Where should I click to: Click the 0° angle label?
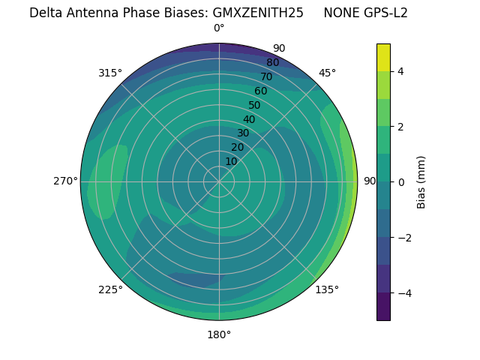coord(219,28)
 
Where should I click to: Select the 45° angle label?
coord(327,73)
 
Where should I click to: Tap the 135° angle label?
coord(327,289)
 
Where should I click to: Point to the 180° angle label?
coord(219,334)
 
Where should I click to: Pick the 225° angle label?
coord(110,289)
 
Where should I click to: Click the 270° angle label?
coord(66,181)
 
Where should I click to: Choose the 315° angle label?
coord(110,73)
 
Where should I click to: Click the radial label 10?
coord(231,162)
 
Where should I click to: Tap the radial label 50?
coord(254,106)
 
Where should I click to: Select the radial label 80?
coord(272,62)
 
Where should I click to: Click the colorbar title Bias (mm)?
coord(421,182)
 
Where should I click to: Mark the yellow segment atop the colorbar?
coord(383,58)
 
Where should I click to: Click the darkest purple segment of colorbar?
coord(383,307)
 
